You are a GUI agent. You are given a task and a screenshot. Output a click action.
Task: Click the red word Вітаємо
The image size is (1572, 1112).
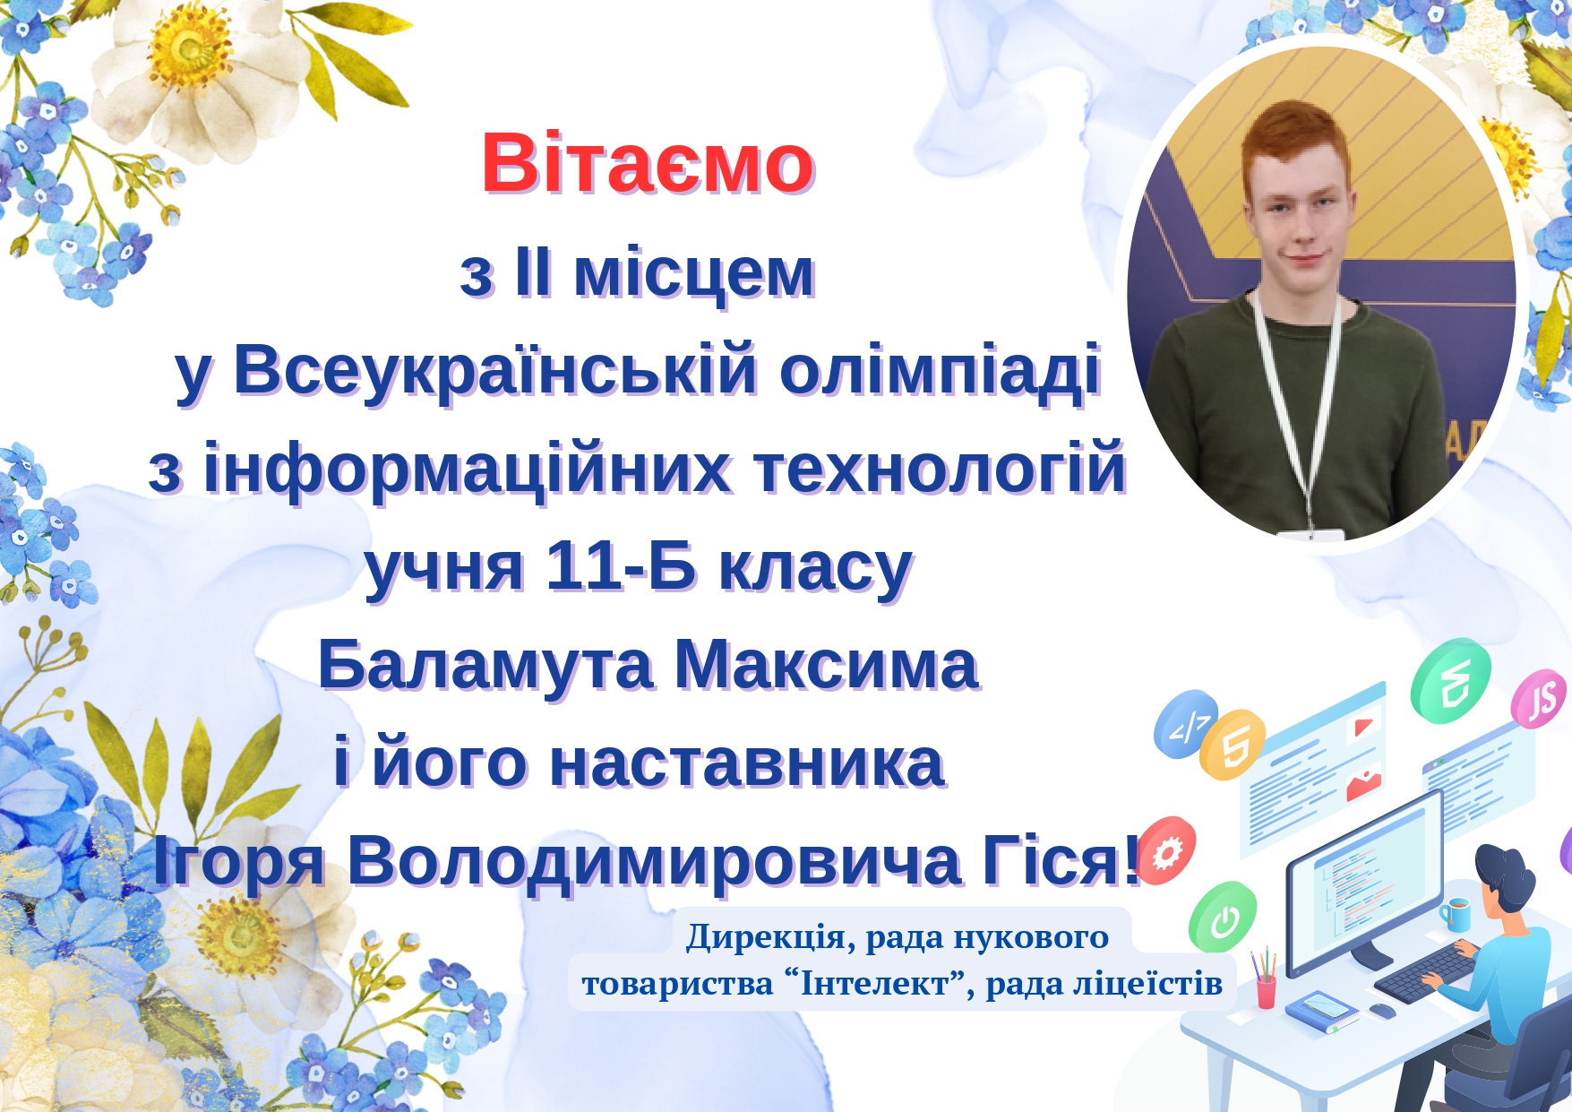click(x=647, y=164)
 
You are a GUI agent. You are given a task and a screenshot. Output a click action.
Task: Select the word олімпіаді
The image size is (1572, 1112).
click(x=940, y=369)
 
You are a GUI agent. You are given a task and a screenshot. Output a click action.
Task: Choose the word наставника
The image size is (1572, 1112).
click(x=747, y=763)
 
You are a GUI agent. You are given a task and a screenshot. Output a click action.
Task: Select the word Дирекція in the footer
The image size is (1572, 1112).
click(x=766, y=937)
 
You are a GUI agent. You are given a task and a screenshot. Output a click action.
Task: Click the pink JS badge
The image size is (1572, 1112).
click(x=1538, y=699)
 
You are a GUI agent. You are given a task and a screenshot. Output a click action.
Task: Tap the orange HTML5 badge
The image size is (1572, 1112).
click(x=1233, y=745)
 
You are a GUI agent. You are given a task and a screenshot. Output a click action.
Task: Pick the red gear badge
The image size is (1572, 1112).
click(x=1167, y=851)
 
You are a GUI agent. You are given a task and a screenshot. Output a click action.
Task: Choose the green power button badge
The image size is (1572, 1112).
click(x=1223, y=917)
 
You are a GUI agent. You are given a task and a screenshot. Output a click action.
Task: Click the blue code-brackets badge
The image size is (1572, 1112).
click(x=1186, y=724)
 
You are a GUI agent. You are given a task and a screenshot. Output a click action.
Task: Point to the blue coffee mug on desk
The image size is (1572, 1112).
click(x=1456, y=913)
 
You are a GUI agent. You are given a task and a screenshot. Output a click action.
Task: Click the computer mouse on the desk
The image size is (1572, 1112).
click(x=1382, y=1011)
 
